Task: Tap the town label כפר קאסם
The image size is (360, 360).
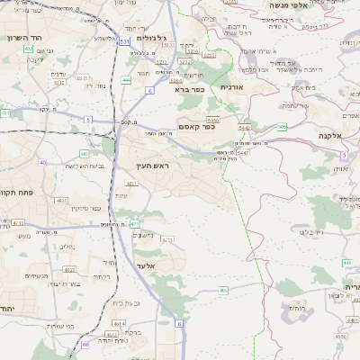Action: pos(200,127)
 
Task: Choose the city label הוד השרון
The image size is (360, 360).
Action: pos(21,37)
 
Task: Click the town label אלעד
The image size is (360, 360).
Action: pos(144,266)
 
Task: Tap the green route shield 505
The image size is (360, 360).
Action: pos(282,127)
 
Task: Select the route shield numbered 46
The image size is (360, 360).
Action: pos(85,344)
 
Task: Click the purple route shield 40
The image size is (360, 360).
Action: pos(42,162)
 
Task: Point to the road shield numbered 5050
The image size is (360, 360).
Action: pos(213,120)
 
